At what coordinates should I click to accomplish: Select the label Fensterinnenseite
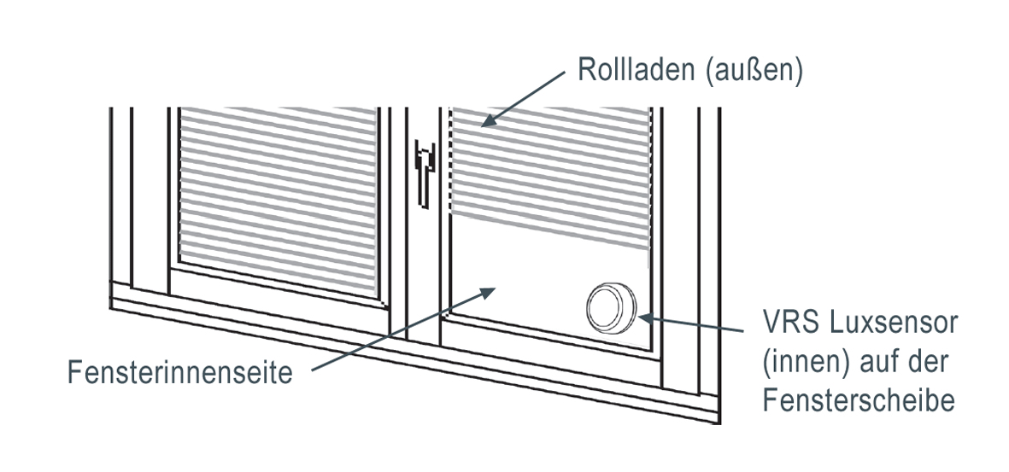(181, 374)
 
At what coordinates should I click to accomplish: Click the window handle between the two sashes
(422, 171)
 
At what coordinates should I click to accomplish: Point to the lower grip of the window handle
(422, 192)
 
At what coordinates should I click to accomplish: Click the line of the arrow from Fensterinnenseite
(393, 335)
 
